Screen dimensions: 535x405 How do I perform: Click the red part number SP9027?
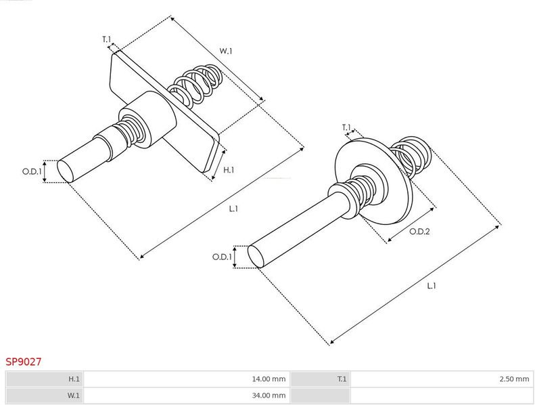pyautogui.click(x=23, y=362)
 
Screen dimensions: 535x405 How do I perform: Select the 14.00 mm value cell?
pyautogui.click(x=186, y=379)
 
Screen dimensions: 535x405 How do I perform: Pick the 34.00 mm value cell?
pyautogui.click(x=186, y=396)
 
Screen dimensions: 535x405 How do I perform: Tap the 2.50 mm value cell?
pyautogui.click(x=442, y=379)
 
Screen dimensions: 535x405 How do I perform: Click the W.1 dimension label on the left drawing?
pyautogui.click(x=225, y=51)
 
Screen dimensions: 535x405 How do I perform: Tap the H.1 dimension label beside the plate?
pyautogui.click(x=229, y=170)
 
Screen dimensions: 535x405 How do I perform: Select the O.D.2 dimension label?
pyautogui.click(x=419, y=232)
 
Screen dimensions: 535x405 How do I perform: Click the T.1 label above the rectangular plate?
pyautogui.click(x=107, y=39)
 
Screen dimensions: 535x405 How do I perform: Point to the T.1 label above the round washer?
pyautogui.click(x=346, y=127)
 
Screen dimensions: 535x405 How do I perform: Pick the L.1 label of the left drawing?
pyautogui.click(x=233, y=209)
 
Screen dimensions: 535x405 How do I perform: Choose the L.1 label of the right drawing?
pyautogui.click(x=432, y=285)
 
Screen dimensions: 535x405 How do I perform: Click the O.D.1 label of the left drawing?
pyautogui.click(x=32, y=171)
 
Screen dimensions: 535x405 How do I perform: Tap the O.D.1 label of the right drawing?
pyautogui.click(x=222, y=257)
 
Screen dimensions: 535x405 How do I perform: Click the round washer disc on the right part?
pyautogui.click(x=373, y=181)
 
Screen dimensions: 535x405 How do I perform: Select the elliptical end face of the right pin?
pyautogui.click(x=256, y=256)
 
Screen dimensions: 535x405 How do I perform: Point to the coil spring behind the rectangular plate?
pyautogui.click(x=196, y=84)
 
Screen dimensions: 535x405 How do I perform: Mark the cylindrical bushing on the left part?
pyautogui.click(x=148, y=120)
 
